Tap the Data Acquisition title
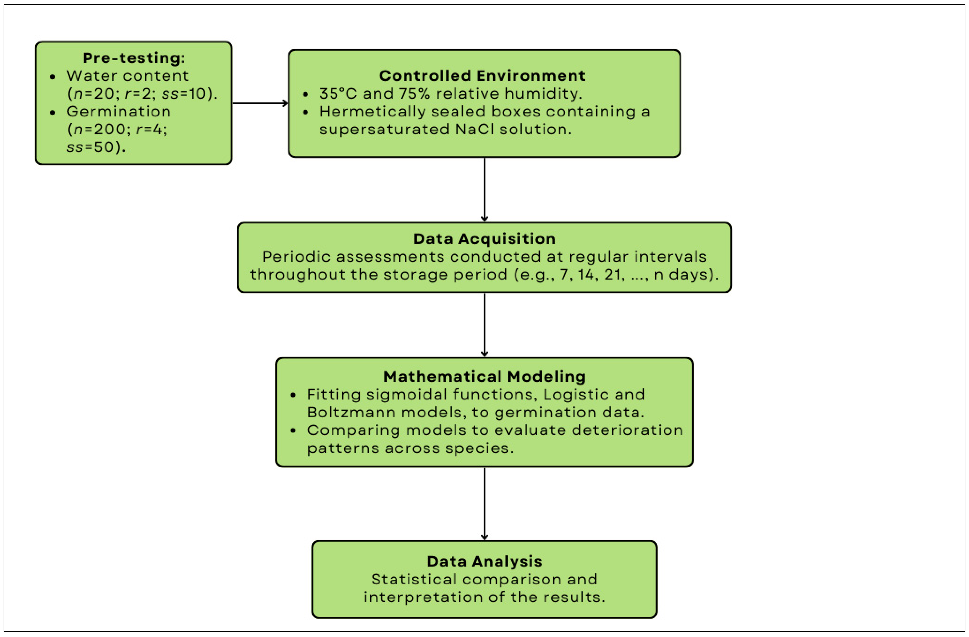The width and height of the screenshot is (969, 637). [484, 239]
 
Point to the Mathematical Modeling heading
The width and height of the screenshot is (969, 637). [484, 376]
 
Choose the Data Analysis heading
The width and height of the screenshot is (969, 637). [484, 561]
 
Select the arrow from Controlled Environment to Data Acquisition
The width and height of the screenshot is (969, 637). [484, 189]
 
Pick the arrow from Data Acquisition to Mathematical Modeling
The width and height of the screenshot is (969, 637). [484, 325]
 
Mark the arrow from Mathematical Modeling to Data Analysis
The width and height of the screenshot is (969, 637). [484, 504]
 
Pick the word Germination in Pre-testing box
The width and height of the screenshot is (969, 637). [118, 111]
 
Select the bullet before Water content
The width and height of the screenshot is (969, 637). [53, 76]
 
